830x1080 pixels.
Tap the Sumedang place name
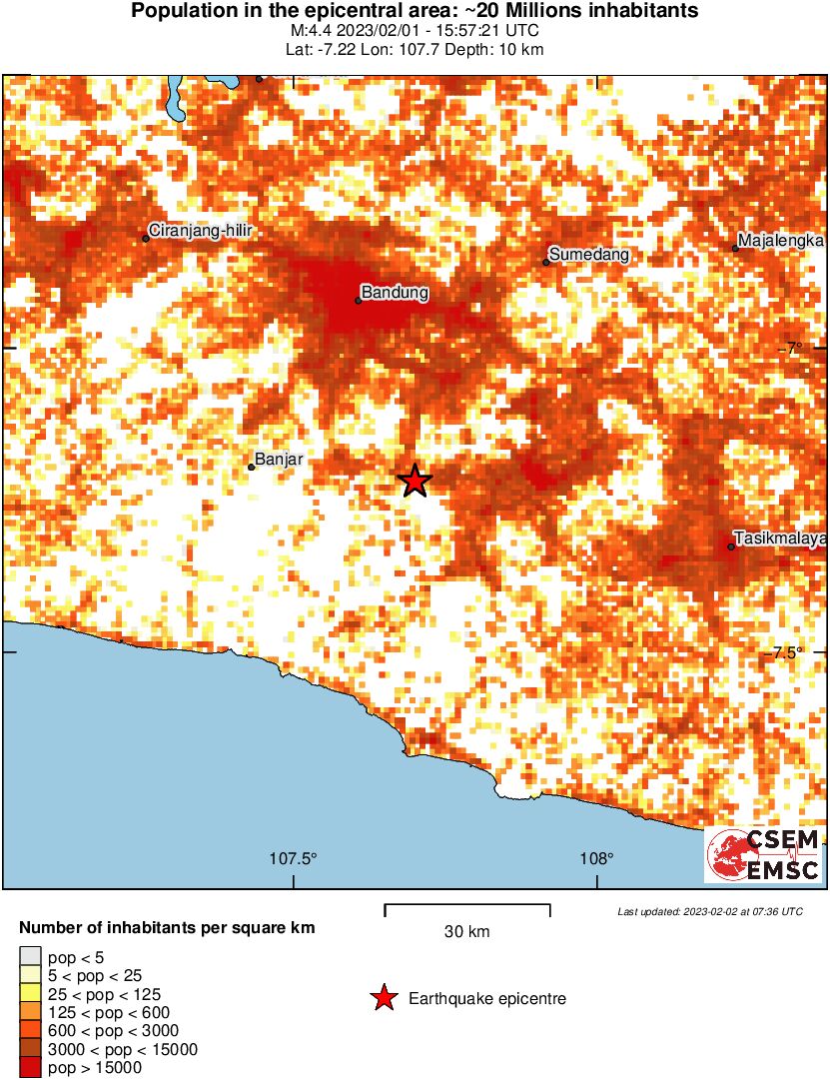coord(589,255)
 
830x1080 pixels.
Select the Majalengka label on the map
coord(779,242)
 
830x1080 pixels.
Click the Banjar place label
coord(279,460)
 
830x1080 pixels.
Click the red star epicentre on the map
coord(415,481)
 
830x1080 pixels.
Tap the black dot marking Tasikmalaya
coord(731,546)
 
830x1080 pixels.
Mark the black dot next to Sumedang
coord(547,263)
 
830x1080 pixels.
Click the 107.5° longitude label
coord(294,858)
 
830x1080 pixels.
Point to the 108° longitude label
coord(597,858)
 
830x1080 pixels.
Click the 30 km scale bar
coord(466,909)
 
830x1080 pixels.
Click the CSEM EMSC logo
coord(764,855)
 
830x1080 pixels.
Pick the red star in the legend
coord(383,998)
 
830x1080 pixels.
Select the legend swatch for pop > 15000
coord(30,1067)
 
